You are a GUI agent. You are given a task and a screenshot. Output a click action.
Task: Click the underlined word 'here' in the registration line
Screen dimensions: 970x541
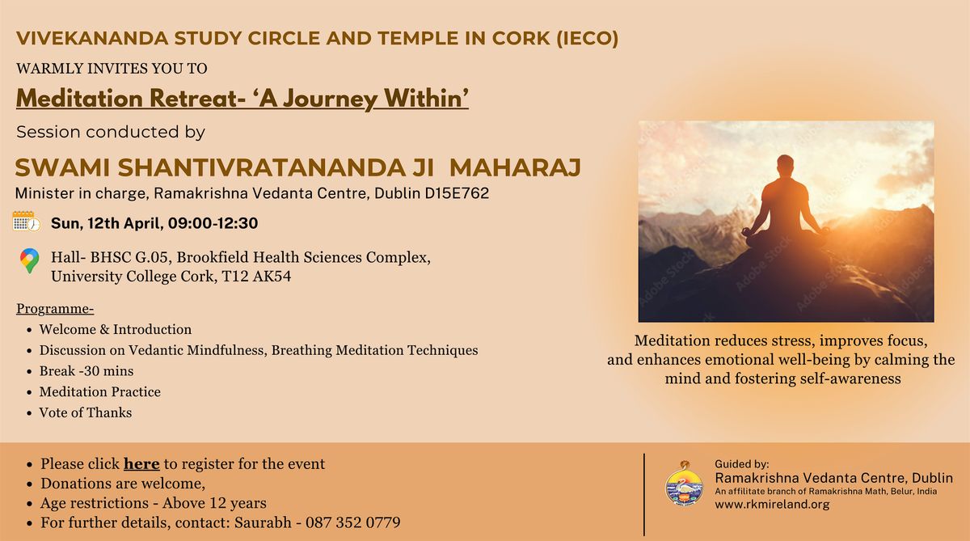tap(141, 464)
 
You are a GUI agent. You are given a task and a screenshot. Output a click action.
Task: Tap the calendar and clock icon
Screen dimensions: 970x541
tap(27, 222)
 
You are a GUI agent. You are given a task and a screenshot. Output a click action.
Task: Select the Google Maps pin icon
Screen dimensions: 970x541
tap(29, 260)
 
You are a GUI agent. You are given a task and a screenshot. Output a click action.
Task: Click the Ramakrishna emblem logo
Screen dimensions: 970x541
tap(684, 483)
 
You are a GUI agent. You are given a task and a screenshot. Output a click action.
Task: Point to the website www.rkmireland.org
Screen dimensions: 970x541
tap(772, 504)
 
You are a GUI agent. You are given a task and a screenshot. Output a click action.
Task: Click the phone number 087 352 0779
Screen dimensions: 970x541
tap(353, 522)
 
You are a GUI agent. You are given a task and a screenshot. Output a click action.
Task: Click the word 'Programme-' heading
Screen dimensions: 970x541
tap(55, 309)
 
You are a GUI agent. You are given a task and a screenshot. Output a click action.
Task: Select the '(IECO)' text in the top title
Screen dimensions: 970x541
tap(587, 38)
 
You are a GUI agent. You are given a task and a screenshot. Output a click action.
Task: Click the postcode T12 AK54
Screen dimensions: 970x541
tap(256, 277)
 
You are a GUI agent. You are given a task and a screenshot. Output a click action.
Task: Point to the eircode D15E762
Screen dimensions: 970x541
tap(457, 193)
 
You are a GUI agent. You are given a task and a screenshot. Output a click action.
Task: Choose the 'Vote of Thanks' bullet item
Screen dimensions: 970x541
tap(86, 412)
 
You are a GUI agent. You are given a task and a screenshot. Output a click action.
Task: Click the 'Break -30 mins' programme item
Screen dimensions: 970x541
tap(86, 371)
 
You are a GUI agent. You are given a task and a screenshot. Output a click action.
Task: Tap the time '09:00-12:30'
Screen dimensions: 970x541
tap(213, 223)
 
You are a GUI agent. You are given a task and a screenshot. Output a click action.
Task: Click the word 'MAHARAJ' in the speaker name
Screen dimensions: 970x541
tap(516, 168)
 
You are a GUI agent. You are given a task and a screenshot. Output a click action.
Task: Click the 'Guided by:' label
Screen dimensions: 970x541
tap(742, 464)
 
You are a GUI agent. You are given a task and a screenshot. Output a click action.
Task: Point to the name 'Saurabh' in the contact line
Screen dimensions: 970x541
tap(263, 522)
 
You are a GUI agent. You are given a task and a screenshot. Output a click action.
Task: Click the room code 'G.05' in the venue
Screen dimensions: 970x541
tap(151, 257)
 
